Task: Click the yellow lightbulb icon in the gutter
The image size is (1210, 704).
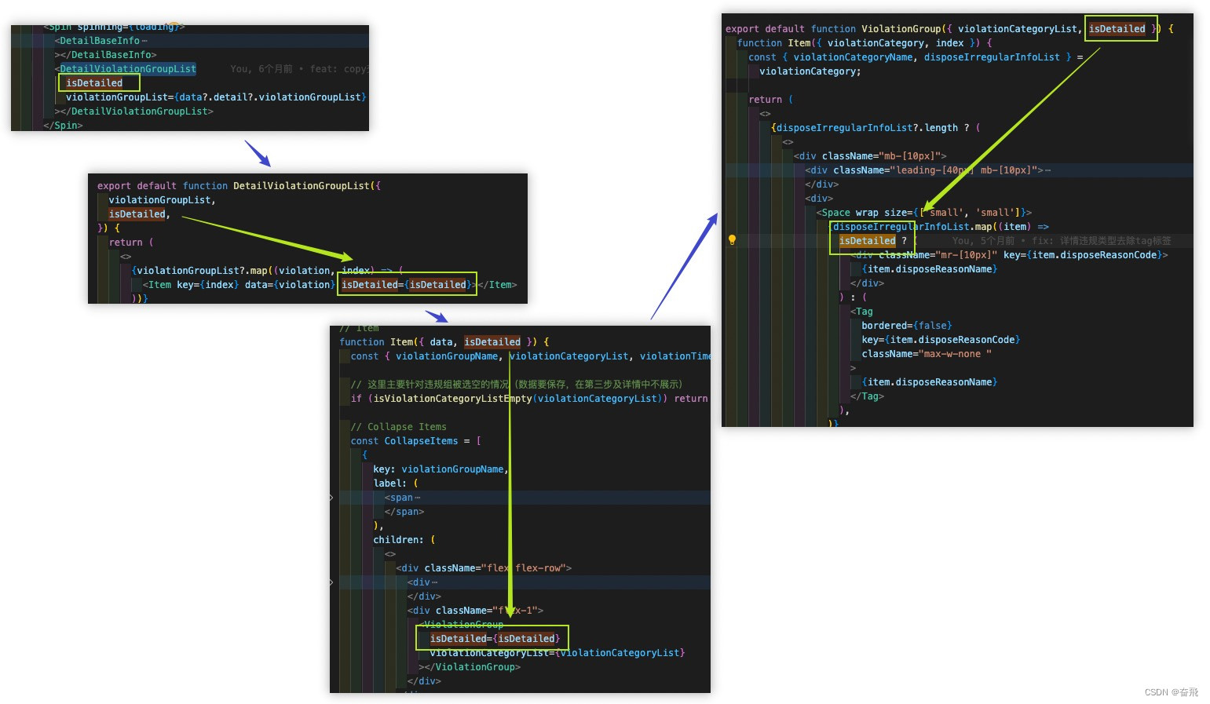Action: point(732,240)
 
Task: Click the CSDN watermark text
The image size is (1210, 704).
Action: point(1171,692)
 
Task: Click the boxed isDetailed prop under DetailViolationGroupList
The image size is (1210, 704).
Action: point(95,83)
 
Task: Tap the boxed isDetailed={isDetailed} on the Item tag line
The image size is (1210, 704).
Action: point(407,285)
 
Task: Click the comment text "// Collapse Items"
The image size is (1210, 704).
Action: point(398,427)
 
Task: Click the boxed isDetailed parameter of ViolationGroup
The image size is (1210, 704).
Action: point(1117,29)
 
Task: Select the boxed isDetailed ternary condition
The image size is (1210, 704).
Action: point(868,241)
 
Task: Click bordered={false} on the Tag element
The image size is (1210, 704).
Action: point(906,326)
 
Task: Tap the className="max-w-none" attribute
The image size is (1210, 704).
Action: point(926,354)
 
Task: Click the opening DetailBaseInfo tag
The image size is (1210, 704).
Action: point(100,41)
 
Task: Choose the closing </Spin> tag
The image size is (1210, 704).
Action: point(63,126)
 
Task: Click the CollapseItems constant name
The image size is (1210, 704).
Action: point(421,441)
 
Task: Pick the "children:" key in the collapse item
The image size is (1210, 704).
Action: point(399,540)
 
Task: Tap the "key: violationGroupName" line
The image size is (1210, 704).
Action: point(440,469)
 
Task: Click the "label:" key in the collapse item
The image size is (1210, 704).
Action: point(389,483)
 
